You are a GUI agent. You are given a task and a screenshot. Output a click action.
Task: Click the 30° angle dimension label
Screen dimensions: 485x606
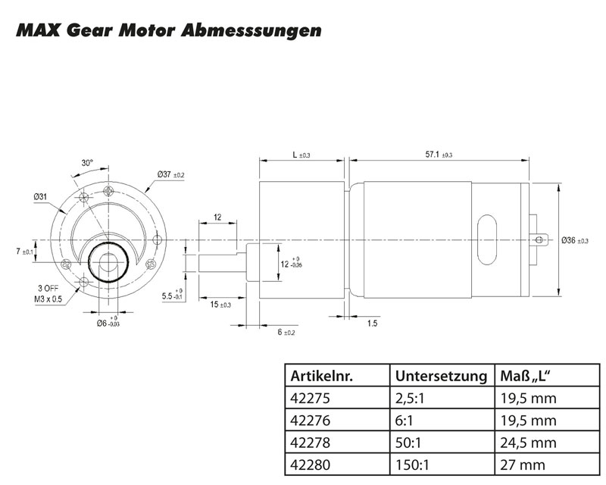tap(87, 163)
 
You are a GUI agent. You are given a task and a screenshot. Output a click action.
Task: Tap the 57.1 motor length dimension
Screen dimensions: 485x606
tap(439, 154)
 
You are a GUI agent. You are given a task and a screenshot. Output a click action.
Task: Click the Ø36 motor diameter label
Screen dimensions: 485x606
tap(575, 240)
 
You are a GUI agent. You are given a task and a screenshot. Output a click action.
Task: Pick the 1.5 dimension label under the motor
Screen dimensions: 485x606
tap(373, 324)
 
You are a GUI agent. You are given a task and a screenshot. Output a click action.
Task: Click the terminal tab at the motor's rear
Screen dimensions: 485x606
tap(540, 240)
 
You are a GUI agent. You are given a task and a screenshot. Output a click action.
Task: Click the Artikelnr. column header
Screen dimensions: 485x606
tap(323, 375)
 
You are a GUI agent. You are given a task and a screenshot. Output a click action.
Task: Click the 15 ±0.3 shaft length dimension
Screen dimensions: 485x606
tap(220, 304)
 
